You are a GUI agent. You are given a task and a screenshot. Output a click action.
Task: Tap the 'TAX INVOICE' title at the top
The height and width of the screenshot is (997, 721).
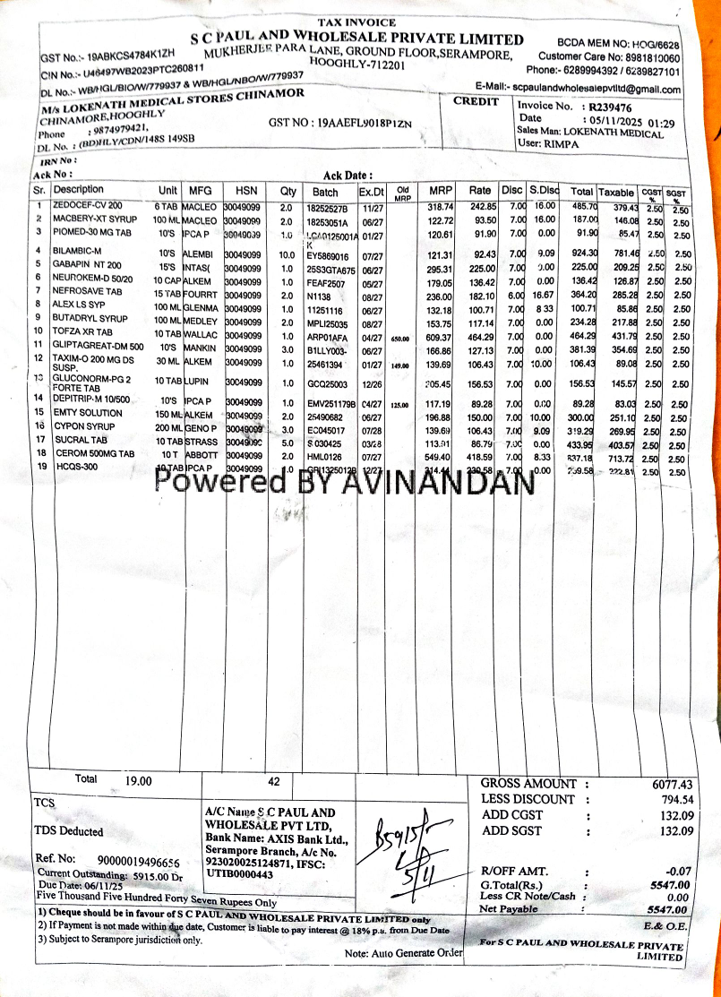pos(356,21)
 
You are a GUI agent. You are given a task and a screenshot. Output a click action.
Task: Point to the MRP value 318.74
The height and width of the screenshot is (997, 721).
pos(440,207)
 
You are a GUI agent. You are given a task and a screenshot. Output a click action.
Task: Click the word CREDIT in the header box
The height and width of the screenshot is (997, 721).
pos(476,101)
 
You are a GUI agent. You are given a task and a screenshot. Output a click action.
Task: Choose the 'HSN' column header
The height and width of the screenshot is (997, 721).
pos(245,191)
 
